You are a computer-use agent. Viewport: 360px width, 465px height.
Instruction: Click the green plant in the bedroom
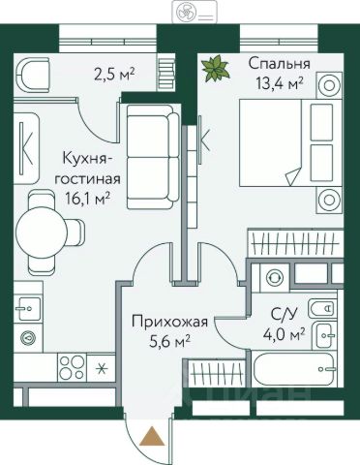coord(215,68)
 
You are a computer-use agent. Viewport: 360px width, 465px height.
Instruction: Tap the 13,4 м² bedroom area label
coord(280,83)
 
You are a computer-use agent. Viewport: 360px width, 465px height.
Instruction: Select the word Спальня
coord(280,64)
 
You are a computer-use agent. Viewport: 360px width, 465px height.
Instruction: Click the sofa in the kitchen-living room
coord(153,157)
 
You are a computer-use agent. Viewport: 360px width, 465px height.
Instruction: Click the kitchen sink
coord(28,309)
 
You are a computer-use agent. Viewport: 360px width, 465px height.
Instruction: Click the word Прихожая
coord(169,322)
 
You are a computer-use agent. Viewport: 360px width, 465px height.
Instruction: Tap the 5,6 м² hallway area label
coord(169,341)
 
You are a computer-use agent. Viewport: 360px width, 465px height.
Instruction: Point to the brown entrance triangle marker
coord(152,436)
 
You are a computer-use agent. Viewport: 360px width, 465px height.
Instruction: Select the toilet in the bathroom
coord(323,309)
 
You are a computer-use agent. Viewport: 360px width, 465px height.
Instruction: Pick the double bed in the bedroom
coord(290,142)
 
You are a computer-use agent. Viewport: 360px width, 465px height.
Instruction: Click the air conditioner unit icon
coord(194,12)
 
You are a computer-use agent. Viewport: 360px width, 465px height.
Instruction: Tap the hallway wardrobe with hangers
coord(217,373)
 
